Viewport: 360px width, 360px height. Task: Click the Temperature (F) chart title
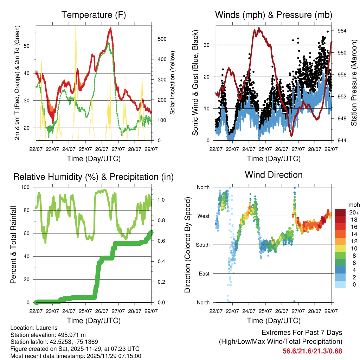(x=94, y=15)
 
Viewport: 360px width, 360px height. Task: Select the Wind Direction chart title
(x=274, y=174)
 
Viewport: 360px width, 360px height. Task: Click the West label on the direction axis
(x=203, y=216)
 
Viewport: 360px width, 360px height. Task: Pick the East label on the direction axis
(x=204, y=274)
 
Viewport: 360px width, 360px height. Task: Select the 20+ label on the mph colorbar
(x=353, y=212)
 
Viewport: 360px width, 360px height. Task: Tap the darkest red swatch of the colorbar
(x=341, y=212)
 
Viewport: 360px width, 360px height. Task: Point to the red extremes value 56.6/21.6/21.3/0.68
(x=312, y=351)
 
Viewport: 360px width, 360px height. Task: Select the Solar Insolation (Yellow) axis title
(x=173, y=83)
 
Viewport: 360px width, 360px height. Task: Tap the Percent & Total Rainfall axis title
(x=13, y=245)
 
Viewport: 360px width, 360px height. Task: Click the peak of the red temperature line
(x=110, y=28)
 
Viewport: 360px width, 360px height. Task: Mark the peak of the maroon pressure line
(x=259, y=28)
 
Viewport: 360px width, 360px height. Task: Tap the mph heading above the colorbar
(x=353, y=205)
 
